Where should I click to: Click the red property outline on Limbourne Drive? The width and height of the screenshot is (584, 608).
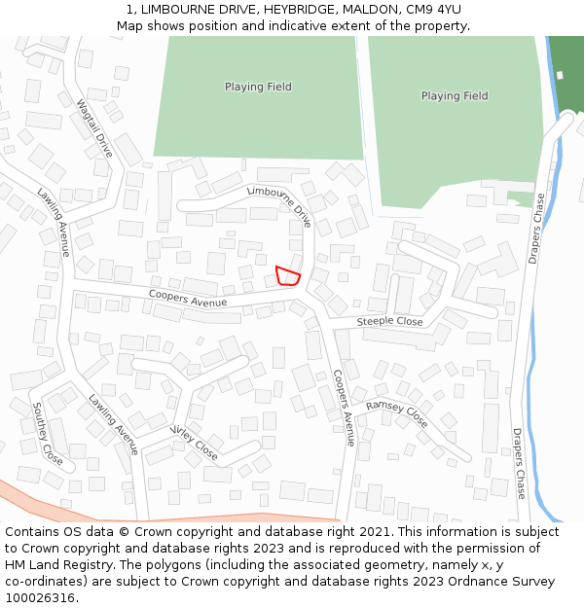click(x=287, y=275)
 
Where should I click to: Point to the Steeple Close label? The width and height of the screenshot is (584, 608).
click(x=389, y=322)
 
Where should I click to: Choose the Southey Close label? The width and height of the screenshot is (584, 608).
click(x=48, y=433)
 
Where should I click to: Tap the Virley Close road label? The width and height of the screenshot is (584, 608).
click(x=194, y=442)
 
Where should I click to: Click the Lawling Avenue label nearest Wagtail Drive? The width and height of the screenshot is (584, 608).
click(x=55, y=223)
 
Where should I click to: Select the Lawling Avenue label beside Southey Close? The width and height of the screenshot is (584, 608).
click(x=114, y=424)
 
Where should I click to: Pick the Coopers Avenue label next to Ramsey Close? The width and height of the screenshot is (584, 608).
click(x=343, y=408)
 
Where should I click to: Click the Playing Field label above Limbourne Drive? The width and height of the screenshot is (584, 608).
click(x=258, y=87)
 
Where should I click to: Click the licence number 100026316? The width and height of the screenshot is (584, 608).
click(x=42, y=598)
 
